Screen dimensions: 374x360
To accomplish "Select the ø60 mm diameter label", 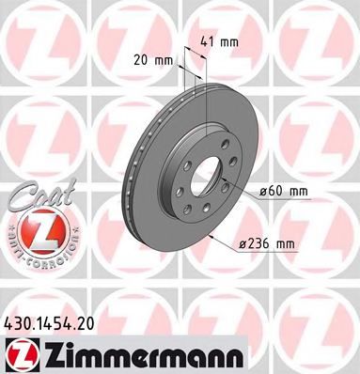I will coord(284,191).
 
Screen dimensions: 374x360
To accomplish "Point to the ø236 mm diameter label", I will coord(267,245).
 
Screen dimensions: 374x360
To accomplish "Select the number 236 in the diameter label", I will coord(260,245).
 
